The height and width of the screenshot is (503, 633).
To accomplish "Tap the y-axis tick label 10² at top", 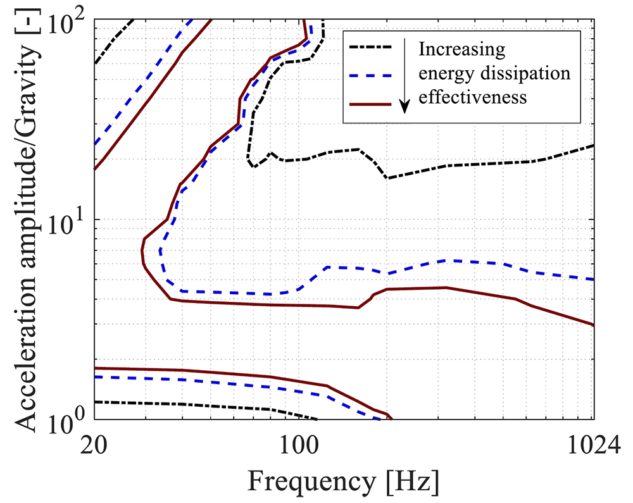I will [70, 24].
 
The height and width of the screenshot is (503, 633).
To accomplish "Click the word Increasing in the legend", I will [463, 49].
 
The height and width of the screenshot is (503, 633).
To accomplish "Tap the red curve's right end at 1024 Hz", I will [593, 325].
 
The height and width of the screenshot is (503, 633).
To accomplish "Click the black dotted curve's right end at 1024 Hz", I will [593, 146].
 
